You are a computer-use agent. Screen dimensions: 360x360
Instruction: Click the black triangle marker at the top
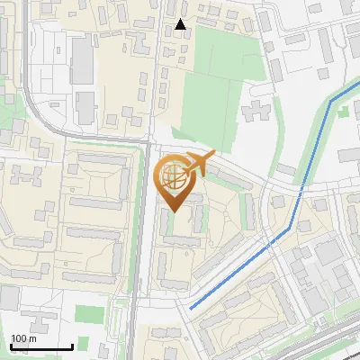[181, 24]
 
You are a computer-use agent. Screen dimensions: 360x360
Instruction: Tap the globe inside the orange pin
[175, 177]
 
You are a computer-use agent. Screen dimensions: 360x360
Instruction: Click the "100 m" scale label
[23, 338]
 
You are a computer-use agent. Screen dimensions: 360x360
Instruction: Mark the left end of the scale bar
[10, 346]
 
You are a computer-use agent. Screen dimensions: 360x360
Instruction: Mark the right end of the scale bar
[72, 346]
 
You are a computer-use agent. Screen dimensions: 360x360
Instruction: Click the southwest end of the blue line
[191, 308]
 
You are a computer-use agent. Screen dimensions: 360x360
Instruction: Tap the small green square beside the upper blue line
[342, 112]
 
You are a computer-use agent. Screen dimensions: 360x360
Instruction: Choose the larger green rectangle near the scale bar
[87, 314]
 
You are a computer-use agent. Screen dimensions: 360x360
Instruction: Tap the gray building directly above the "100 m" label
[27, 320]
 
